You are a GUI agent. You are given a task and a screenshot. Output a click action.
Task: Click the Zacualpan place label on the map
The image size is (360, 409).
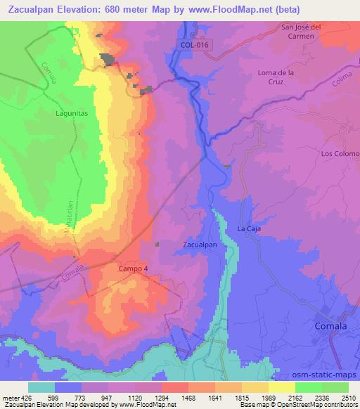click(204, 245)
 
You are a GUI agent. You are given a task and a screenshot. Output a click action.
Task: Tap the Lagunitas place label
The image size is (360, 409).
click(72, 111)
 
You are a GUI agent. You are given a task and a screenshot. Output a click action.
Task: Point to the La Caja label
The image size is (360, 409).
click(250, 229)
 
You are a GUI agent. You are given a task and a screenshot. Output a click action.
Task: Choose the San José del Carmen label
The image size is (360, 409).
click(302, 32)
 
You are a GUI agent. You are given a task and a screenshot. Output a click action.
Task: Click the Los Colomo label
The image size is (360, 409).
click(340, 153)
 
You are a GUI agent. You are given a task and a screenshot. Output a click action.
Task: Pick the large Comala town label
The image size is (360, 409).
click(330, 327)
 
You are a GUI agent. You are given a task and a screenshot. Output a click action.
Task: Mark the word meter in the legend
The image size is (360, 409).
click(9, 397)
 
